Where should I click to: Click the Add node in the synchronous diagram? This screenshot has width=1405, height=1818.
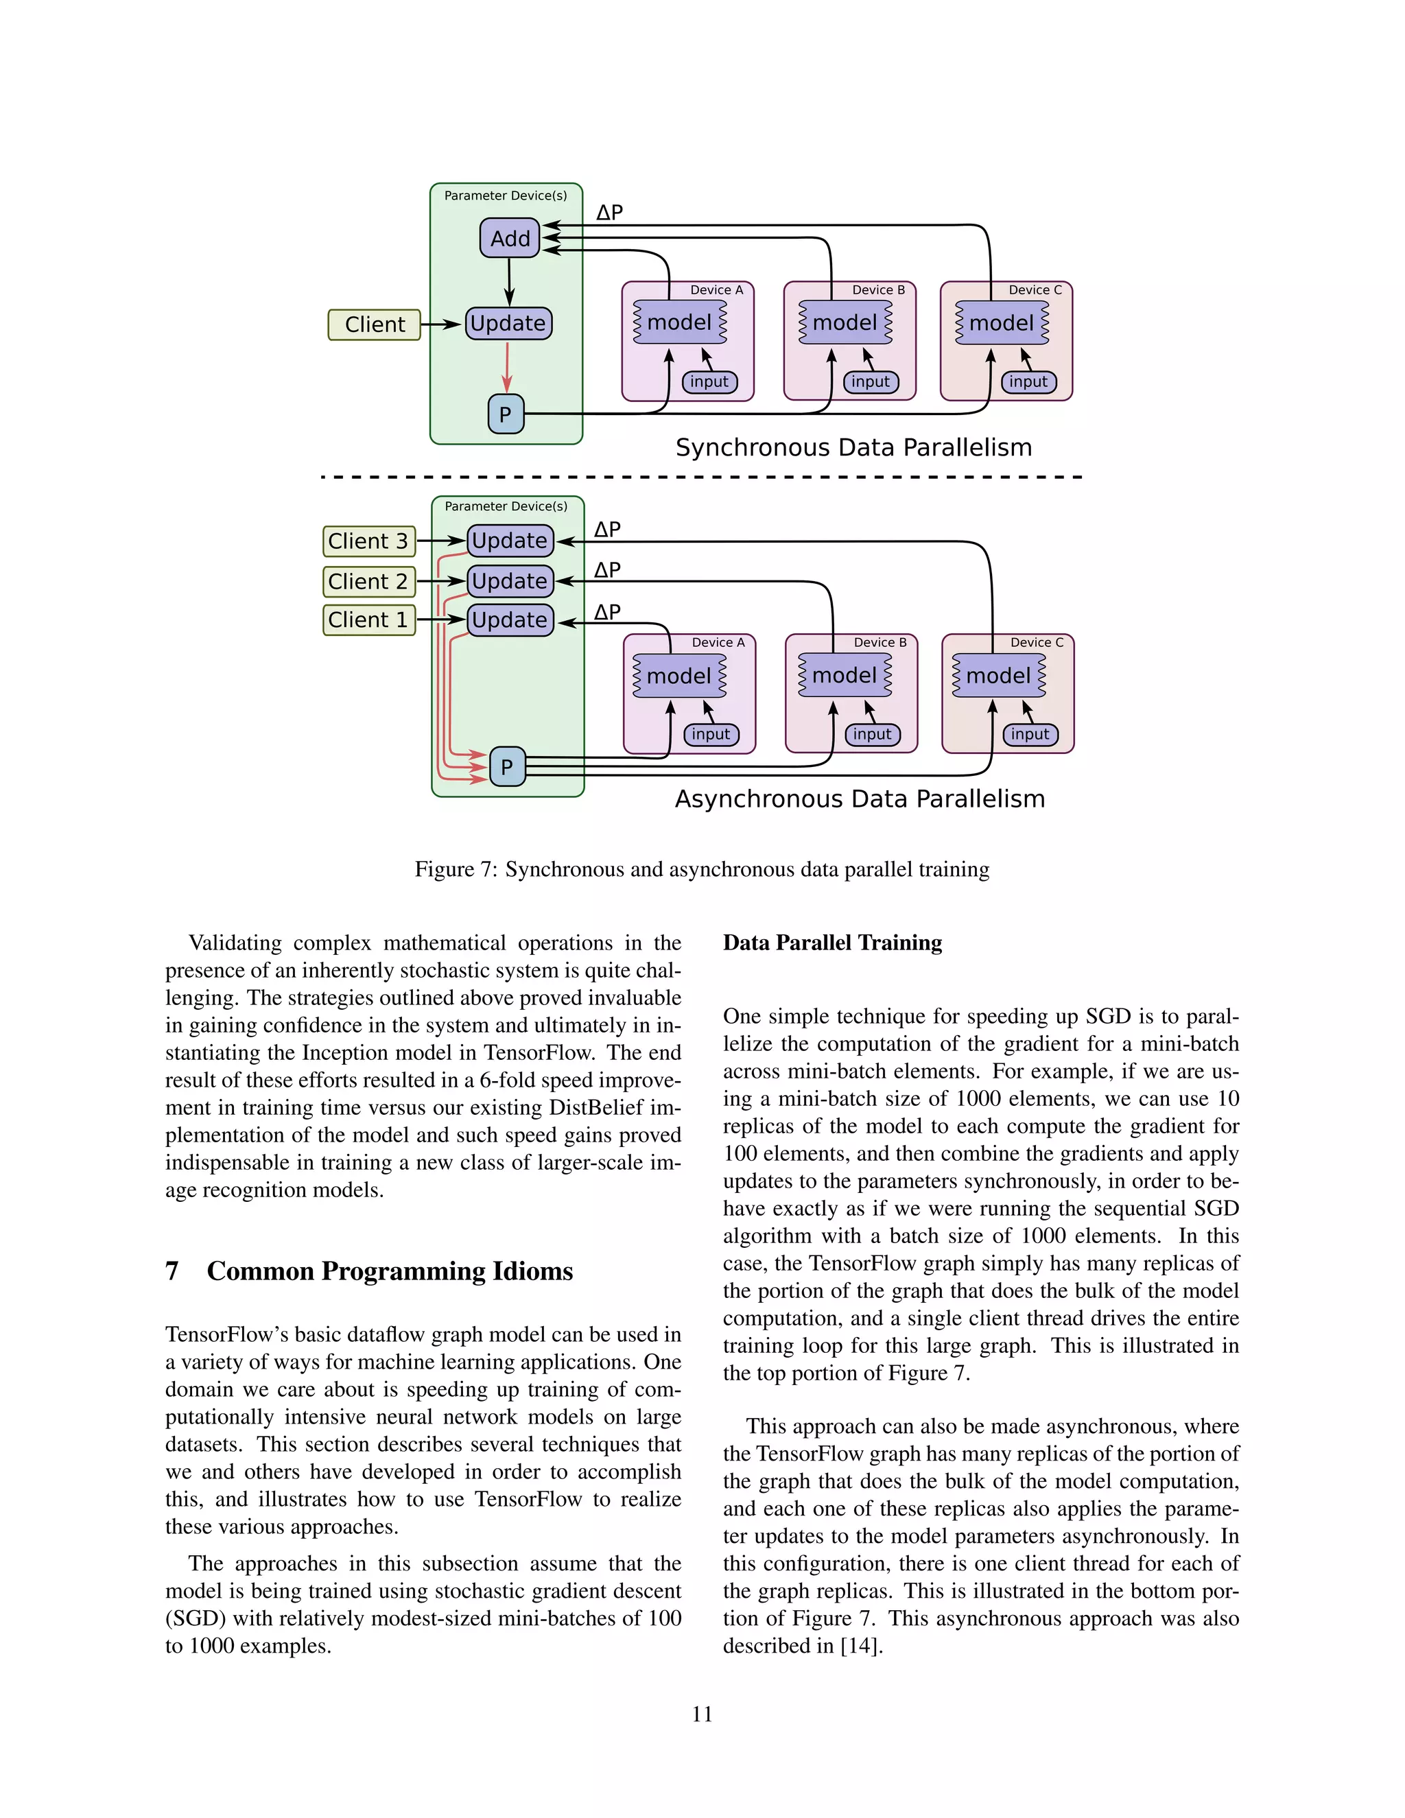[510, 238]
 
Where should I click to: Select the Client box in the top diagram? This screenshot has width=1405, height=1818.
[375, 324]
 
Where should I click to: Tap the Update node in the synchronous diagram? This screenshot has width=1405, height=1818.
[508, 323]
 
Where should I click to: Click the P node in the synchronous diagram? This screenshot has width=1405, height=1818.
[505, 414]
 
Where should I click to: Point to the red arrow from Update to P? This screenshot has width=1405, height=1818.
[507, 366]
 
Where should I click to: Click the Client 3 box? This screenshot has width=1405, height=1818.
[368, 541]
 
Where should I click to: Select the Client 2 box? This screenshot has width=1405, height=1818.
[368, 581]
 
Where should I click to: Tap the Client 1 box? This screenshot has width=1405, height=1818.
[368, 620]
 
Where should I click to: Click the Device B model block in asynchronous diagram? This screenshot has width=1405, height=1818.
[845, 675]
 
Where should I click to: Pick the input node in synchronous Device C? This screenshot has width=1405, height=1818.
[1029, 382]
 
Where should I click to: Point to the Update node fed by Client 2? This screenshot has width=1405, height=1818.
[510, 581]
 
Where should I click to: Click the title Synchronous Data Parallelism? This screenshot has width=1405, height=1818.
[853, 448]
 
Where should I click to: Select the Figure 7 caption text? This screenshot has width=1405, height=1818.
[702, 870]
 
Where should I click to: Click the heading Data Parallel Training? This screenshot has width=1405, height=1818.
[832, 943]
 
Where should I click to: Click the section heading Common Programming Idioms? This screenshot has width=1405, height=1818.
[390, 1271]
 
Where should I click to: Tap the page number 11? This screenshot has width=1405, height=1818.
[702, 1714]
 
